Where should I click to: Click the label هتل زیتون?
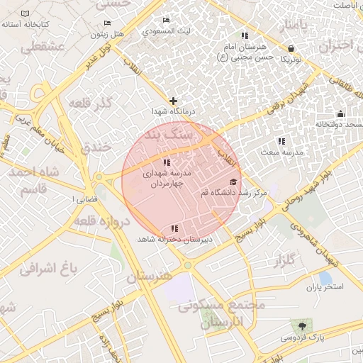pyautogui.click(x=108, y=33)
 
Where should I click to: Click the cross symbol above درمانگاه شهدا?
pyautogui.click(x=173, y=101)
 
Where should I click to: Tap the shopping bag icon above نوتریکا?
pyautogui.click(x=291, y=49)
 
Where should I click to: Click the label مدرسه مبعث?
pyautogui.click(x=281, y=152)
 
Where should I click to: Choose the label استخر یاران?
pyautogui.click(x=325, y=287)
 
